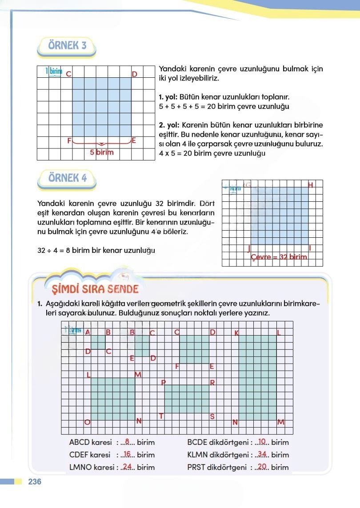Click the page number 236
[x=35, y=482]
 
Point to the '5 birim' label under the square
[x=102, y=152]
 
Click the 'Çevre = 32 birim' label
[x=279, y=257]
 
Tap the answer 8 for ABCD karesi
[x=127, y=442]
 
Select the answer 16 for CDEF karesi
[x=127, y=455]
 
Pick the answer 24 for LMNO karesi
[x=127, y=467]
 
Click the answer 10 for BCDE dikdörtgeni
[x=262, y=442]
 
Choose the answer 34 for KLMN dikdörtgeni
[x=262, y=455]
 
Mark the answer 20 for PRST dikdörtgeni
[x=262, y=467]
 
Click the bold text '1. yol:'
[x=168, y=96]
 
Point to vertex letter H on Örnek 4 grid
[x=310, y=185]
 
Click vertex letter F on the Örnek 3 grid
[x=69, y=140]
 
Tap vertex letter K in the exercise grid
[x=236, y=333]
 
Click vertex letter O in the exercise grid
[x=87, y=422]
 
